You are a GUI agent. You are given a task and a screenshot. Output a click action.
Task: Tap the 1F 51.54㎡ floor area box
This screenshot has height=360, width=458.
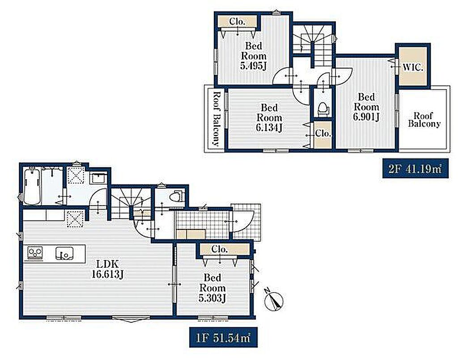point(224,338)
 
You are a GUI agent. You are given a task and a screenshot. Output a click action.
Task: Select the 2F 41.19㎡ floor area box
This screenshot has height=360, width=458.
point(416,169)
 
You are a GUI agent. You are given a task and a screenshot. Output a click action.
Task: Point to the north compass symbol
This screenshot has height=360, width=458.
point(274,301)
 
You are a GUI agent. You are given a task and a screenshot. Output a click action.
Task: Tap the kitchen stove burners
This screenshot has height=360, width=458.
point(35,252)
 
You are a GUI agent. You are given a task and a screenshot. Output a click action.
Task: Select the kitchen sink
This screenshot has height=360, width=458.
point(64,253)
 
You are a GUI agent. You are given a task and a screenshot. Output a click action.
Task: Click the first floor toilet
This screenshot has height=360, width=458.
point(176,195)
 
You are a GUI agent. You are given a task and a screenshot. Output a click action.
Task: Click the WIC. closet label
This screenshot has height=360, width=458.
point(413,68)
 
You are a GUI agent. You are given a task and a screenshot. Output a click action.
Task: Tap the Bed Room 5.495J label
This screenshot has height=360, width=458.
point(253,55)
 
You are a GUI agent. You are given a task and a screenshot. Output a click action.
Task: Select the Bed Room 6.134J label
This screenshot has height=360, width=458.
point(269,118)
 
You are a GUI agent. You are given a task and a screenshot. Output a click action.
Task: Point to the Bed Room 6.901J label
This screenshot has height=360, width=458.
point(366,107)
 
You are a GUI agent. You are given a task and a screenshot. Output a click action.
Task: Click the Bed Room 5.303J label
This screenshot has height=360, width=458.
point(212,288)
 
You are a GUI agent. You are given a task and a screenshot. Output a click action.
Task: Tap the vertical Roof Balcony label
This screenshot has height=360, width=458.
point(216,119)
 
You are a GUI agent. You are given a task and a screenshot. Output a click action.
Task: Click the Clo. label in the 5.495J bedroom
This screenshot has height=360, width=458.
point(237,21)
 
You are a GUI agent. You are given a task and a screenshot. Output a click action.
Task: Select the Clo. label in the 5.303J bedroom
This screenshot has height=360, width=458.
point(219,249)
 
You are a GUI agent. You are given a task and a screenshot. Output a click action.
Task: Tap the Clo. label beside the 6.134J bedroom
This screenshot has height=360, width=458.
point(323,133)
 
